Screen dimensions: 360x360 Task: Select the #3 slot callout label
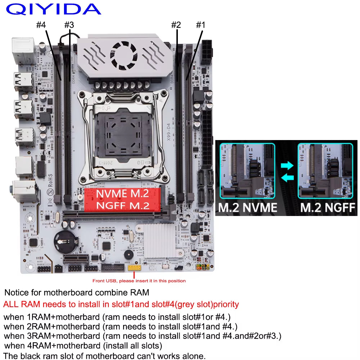69,25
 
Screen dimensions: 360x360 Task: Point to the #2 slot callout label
176,25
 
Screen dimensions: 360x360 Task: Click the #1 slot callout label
200,25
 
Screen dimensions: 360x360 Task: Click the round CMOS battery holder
64,240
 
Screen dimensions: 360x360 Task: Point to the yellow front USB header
134,268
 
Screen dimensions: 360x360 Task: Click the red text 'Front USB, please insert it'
139,281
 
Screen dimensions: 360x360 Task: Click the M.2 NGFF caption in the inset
328,207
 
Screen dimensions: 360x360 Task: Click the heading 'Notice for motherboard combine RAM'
76,292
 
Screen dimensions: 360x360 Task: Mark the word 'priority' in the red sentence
226,305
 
